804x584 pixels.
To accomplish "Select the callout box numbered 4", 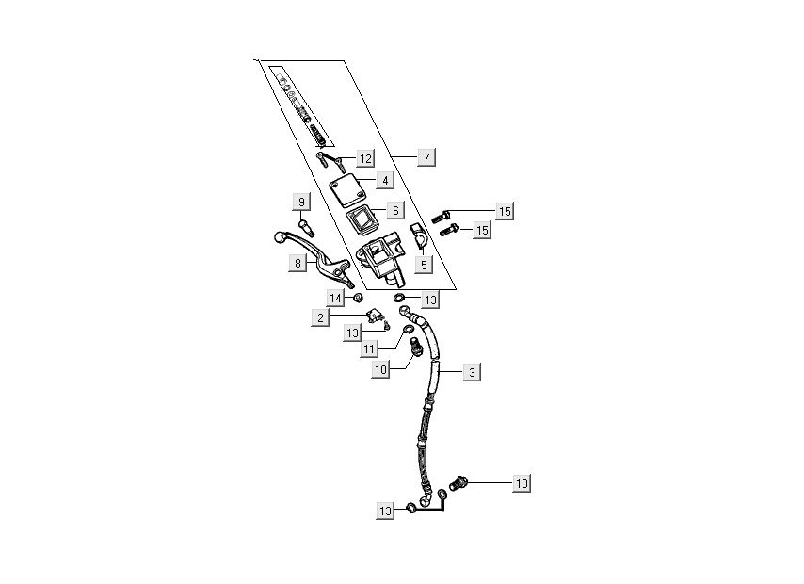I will (x=385, y=180).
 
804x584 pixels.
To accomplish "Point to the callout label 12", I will (x=364, y=158).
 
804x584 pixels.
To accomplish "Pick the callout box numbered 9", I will (x=301, y=202).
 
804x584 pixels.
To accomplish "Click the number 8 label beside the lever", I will (x=298, y=264).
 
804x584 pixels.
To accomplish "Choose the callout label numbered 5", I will (x=424, y=266).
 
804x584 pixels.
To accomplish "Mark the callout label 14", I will (x=336, y=298).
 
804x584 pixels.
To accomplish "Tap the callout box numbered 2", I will (x=321, y=317).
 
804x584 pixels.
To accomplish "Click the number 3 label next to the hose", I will (x=472, y=372).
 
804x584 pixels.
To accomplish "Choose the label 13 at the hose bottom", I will (x=385, y=511).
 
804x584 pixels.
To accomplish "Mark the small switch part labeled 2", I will (x=378, y=316).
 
